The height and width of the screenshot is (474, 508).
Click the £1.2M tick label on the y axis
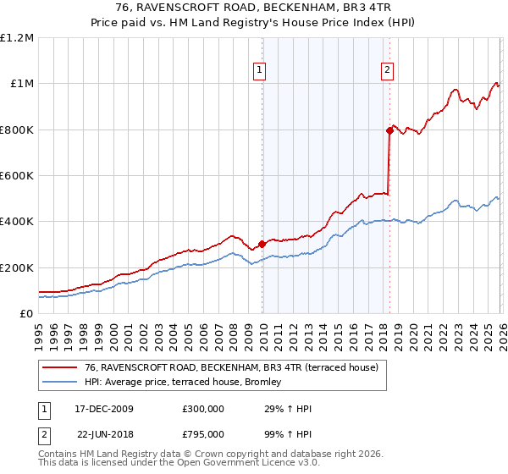[17, 38]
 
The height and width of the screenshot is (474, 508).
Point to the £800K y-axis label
[17, 130]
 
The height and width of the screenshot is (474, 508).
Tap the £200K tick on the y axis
[17, 267]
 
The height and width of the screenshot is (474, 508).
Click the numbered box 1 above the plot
[259, 71]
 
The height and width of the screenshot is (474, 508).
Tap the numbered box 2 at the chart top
[387, 71]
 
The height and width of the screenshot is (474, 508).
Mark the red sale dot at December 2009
[262, 244]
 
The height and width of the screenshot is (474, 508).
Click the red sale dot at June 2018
[389, 130]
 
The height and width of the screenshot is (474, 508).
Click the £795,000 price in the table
[202, 434]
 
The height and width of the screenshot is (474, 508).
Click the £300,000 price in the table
[202, 409]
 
